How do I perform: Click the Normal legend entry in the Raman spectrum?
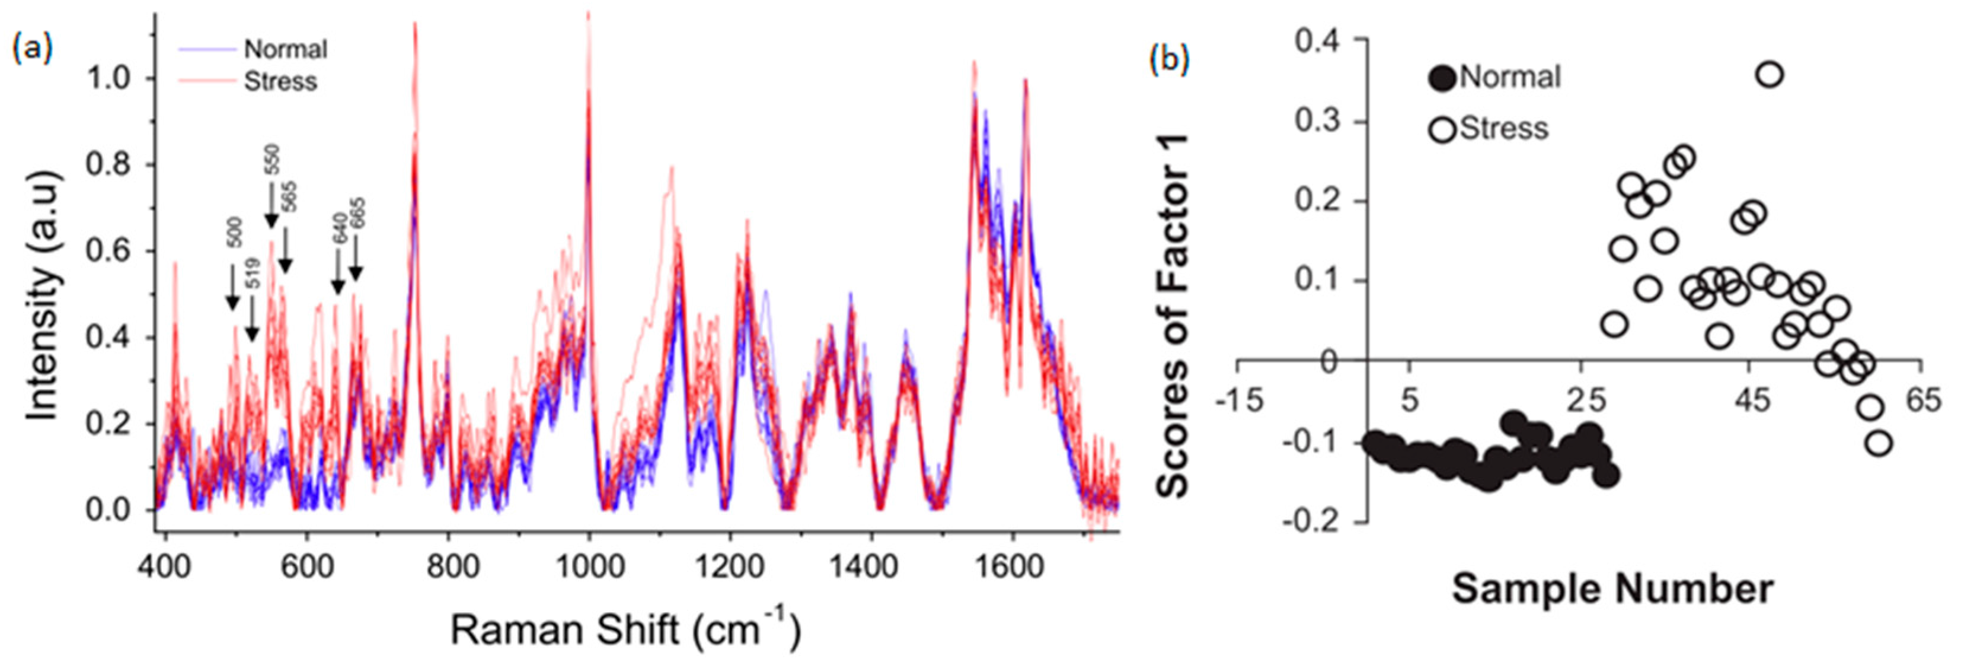(x=285, y=49)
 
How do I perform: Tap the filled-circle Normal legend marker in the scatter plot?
(x=1443, y=78)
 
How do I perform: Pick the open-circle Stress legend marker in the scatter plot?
(x=1443, y=129)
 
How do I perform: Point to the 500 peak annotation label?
(x=235, y=233)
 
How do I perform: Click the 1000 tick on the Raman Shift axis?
(x=589, y=567)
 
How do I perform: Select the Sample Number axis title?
(x=1612, y=590)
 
